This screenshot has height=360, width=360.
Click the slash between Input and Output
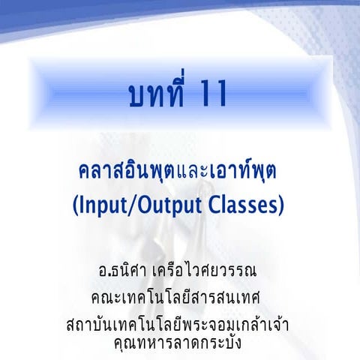(144, 204)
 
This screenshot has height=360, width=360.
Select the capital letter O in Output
(154, 204)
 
